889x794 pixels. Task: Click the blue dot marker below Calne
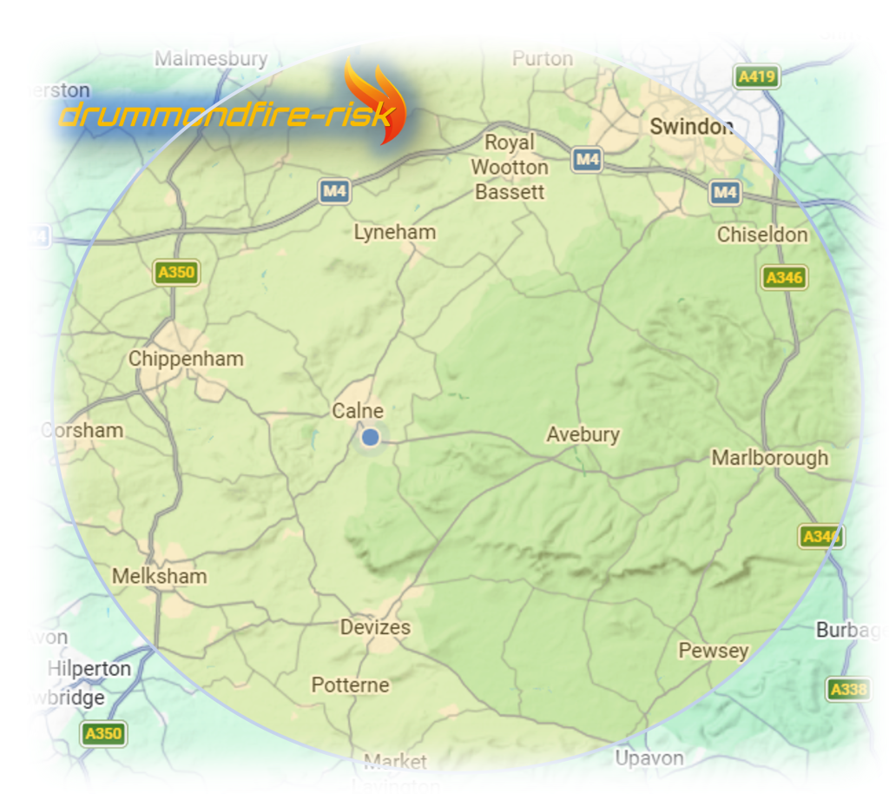point(371,437)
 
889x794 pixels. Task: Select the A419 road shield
point(755,76)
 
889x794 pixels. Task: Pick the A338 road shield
point(848,690)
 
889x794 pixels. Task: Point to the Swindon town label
point(691,127)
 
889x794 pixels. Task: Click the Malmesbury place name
point(211,59)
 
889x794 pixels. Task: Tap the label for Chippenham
point(186,359)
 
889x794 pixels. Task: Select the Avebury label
point(583,434)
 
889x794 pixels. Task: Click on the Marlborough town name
point(769,458)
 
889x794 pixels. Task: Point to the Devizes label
point(375,627)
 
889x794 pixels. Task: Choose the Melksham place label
point(160,577)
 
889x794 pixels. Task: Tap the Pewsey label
point(713,651)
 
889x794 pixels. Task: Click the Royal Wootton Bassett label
point(510,167)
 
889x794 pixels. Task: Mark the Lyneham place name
point(395,233)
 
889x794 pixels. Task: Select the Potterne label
point(350,685)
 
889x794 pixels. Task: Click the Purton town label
point(543,59)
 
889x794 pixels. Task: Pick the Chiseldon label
point(762,235)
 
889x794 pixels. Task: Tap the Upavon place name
point(649,758)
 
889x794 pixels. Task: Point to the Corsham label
point(82,430)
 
